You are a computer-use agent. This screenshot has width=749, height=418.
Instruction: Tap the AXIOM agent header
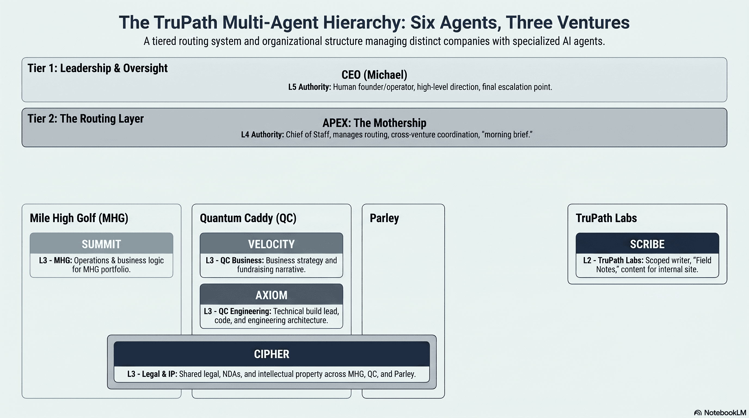(271, 294)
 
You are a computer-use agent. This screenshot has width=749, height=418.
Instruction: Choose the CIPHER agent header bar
(272, 354)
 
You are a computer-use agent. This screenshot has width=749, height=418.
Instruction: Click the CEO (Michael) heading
(374, 75)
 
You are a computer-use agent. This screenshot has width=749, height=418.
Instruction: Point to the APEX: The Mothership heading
(374, 123)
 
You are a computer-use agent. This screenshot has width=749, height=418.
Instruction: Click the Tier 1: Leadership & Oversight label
(97, 68)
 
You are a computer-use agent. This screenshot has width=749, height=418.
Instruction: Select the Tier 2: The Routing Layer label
(85, 119)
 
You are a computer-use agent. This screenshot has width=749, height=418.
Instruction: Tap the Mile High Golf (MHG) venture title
(79, 218)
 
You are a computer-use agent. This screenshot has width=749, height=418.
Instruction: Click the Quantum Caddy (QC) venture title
(248, 218)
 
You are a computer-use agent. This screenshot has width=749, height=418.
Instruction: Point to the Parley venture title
(384, 218)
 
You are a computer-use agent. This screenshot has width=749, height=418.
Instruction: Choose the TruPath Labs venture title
(606, 218)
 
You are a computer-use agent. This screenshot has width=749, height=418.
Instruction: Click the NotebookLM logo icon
(698, 413)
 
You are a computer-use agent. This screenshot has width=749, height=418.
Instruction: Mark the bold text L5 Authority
(309, 87)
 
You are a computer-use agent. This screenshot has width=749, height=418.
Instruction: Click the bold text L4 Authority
(262, 135)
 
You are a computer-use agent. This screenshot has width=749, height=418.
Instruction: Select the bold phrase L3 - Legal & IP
(152, 374)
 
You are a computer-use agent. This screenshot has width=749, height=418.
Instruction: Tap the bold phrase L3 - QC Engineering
(238, 311)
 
